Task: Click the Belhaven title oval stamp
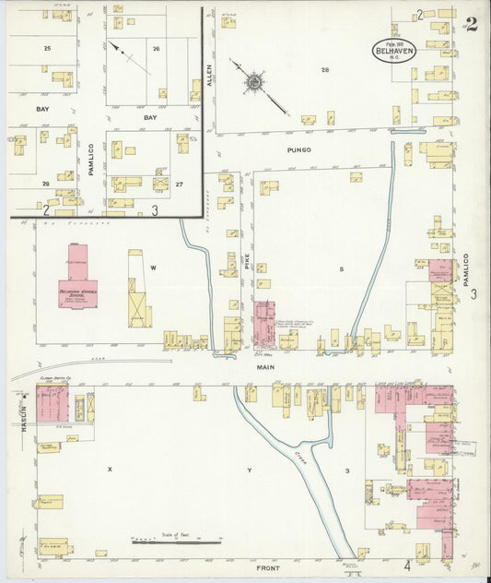pos(394,50)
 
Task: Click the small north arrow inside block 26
pos(127,55)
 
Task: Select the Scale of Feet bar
pos(175,541)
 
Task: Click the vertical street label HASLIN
pos(16,403)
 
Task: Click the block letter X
pos(109,470)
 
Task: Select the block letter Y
pos(249,470)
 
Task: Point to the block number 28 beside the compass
pos(324,70)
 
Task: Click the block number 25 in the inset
pos(47,46)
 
